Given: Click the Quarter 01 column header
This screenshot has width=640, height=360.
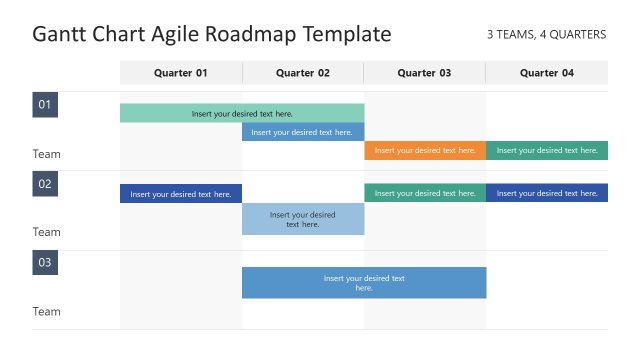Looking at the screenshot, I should pyautogui.click(x=181, y=73).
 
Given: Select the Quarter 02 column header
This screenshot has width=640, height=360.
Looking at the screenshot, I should pyautogui.click(x=303, y=73).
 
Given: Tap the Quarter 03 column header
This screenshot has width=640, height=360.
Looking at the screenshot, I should pyautogui.click(x=424, y=73).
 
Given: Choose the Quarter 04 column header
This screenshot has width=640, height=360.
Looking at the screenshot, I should pyautogui.click(x=547, y=73).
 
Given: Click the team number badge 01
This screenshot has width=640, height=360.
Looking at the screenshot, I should pyautogui.click(x=45, y=105).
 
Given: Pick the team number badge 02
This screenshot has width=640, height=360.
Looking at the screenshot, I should pyautogui.click(x=45, y=184).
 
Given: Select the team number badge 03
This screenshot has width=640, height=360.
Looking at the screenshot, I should pyautogui.click(x=45, y=263).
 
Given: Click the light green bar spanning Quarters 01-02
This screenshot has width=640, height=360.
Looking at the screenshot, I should pyautogui.click(x=242, y=113).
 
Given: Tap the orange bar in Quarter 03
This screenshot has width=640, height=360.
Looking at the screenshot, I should pyautogui.click(x=425, y=151).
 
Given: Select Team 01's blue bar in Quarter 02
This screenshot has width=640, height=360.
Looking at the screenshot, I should pyautogui.click(x=303, y=132).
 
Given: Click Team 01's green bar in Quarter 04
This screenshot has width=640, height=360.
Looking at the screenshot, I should pyautogui.click(x=547, y=151).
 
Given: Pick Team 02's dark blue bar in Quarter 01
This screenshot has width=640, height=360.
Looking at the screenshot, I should pyautogui.click(x=181, y=194).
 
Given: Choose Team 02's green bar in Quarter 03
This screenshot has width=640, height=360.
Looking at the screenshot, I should pyautogui.click(x=425, y=193).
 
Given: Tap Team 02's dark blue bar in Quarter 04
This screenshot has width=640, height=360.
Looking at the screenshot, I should pyautogui.click(x=547, y=193).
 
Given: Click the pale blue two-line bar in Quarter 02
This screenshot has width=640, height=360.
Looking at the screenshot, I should pyautogui.click(x=303, y=219).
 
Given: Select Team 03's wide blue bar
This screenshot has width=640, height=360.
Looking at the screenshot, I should pyautogui.click(x=364, y=283).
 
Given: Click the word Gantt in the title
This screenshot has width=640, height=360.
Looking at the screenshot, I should pyautogui.click(x=59, y=35).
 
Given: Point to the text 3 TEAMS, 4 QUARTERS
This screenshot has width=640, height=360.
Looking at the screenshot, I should pyautogui.click(x=546, y=35).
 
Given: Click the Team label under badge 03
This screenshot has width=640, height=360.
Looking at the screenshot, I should pyautogui.click(x=47, y=312).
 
